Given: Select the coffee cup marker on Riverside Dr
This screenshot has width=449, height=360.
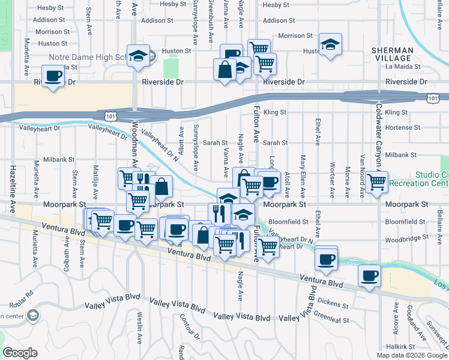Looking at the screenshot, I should (54, 76).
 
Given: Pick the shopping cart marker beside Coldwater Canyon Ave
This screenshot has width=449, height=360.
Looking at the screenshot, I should (377, 181).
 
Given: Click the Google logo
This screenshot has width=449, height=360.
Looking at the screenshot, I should (20, 353).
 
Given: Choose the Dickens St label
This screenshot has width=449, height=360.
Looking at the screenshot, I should (334, 304).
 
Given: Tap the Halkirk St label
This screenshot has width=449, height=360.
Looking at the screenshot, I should (402, 347).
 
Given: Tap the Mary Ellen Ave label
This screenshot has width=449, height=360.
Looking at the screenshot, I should (303, 177).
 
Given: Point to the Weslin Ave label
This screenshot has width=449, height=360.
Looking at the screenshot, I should (139, 327).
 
